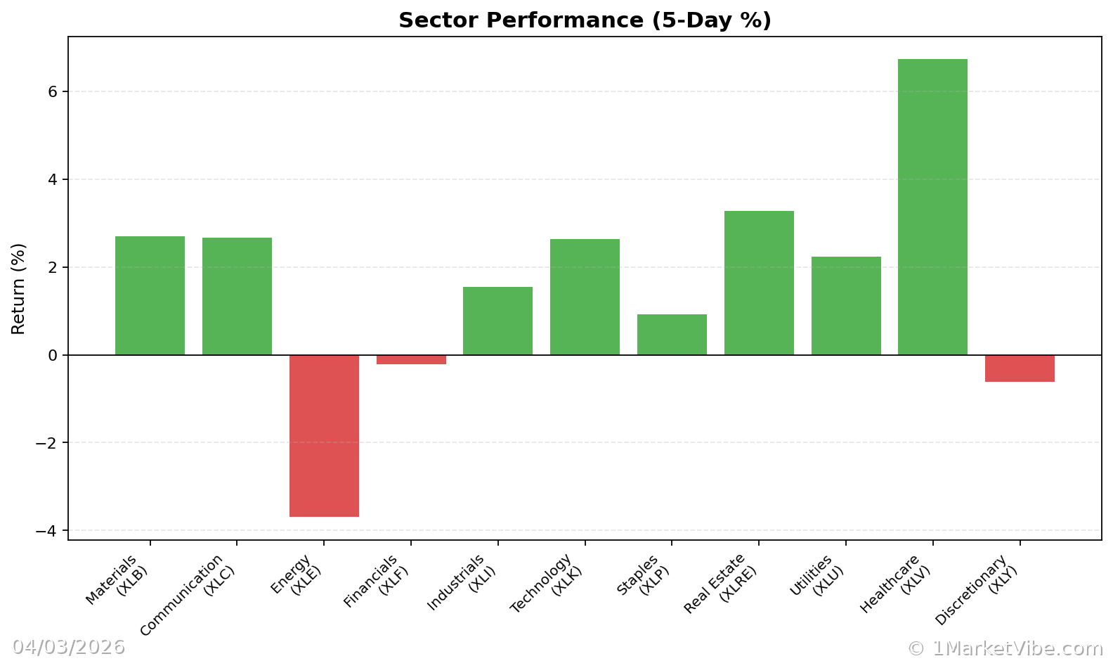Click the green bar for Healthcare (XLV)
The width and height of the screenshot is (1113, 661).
pos(932,207)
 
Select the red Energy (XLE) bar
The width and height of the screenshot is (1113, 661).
pos(324,436)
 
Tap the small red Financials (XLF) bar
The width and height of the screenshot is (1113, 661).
pos(411,359)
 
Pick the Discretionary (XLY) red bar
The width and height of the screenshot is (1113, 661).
pos(1020,368)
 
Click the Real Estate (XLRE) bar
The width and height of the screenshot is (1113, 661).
pos(759,283)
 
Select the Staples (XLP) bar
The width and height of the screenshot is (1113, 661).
pos(672,335)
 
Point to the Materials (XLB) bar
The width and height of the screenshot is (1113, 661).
pos(150,295)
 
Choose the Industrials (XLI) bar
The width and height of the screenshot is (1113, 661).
pos(497,321)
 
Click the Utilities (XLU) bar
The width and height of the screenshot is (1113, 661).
pos(846,306)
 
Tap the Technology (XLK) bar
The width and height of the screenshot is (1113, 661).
pos(585,297)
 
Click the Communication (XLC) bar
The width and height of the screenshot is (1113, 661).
pos(237,296)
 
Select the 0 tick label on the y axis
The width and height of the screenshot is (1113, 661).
pos(53,355)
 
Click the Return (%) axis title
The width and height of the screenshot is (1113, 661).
pos(18,288)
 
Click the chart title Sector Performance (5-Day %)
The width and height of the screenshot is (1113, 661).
pos(585,20)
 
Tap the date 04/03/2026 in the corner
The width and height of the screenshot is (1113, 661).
pos(68,647)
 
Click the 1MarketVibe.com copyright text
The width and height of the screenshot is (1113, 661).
pos(1005,648)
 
